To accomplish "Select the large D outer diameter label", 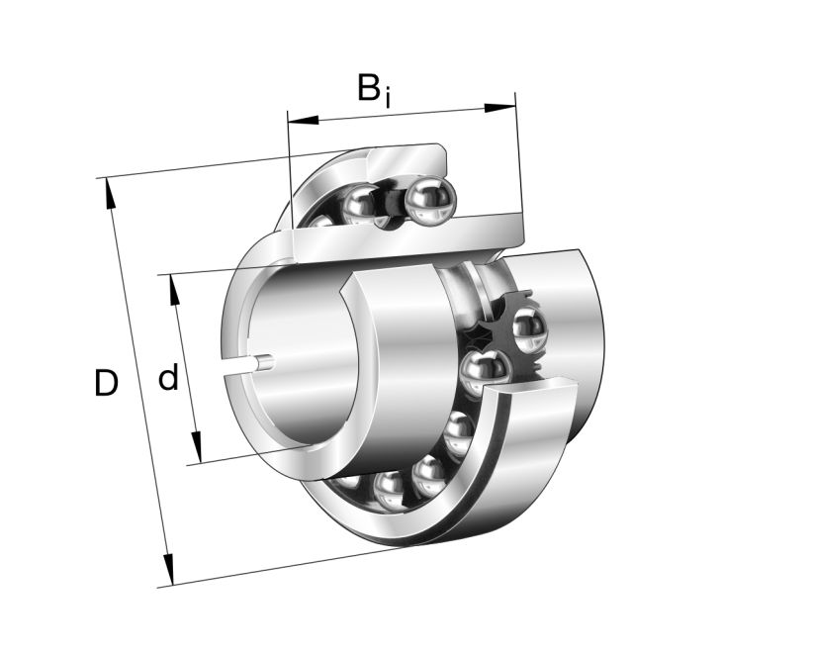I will (x=105, y=383).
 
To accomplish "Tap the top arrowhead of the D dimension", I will (x=109, y=193).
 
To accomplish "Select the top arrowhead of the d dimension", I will (x=176, y=288).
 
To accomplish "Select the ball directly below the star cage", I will (x=485, y=371).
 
